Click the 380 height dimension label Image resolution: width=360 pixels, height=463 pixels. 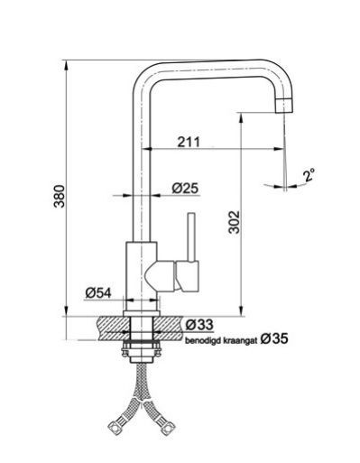(59, 196)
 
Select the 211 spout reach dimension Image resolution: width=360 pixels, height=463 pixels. (189, 142)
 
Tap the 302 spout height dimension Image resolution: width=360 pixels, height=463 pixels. (234, 222)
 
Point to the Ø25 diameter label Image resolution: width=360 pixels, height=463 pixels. (185, 189)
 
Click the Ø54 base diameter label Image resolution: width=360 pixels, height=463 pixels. (98, 292)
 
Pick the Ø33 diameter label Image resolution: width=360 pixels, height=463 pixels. (199, 325)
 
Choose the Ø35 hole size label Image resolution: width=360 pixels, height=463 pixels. (274, 339)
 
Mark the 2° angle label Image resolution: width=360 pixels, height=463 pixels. (309, 175)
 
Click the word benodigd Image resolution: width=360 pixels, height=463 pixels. (199, 341)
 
